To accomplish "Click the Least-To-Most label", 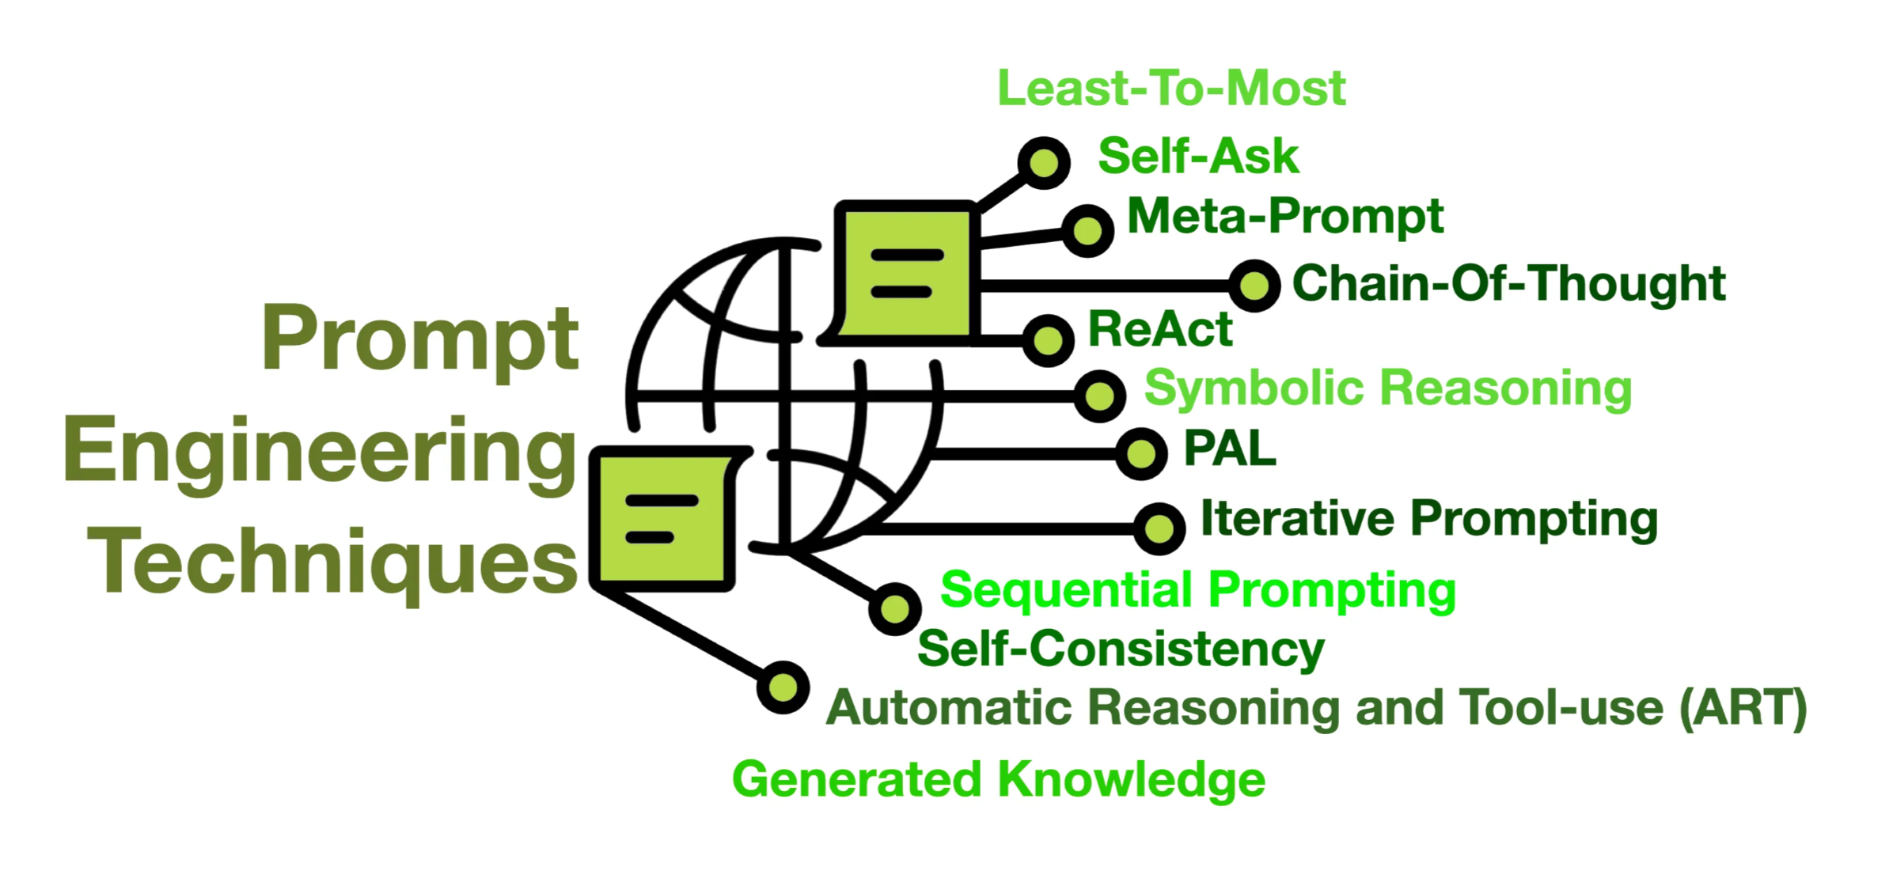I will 1171,88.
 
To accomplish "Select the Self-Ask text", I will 1198,156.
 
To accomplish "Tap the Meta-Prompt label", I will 1285,216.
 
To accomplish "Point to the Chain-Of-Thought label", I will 1508,283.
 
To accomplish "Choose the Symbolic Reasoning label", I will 1388,388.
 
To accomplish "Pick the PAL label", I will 1230,449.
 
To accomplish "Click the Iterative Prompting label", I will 1429,519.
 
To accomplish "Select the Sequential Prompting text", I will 1198,590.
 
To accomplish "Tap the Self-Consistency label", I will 1121,649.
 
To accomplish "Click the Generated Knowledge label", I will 999,779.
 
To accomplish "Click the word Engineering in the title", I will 320,450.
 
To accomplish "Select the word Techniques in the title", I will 332,561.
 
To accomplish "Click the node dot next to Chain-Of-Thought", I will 1254,285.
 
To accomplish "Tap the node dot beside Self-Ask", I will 1045,163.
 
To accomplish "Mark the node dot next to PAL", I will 1141,454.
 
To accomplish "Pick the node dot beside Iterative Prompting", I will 1159,528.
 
